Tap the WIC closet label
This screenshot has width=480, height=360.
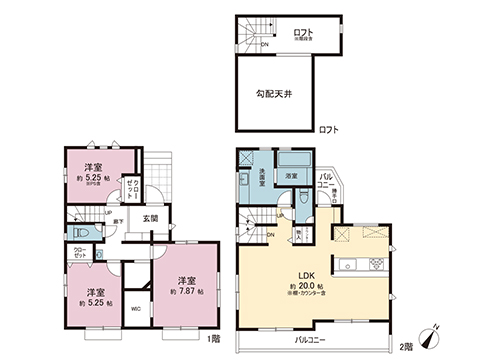coord(136,308)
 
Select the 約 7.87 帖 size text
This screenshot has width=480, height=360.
coord(186,291)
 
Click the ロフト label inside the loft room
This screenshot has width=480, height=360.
coord(303,33)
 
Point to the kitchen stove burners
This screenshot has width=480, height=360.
coord(375,265)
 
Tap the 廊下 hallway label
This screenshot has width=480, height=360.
coord(120,219)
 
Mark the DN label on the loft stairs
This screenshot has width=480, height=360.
coord(264,44)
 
